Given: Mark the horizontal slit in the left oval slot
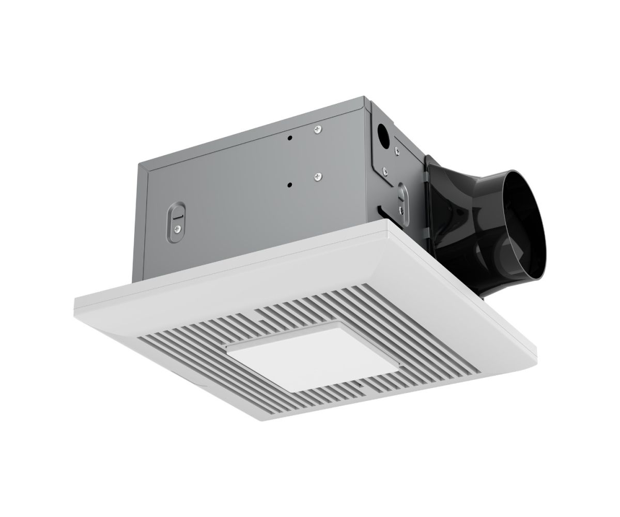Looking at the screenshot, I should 177,218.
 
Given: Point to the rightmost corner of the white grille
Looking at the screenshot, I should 535,352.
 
